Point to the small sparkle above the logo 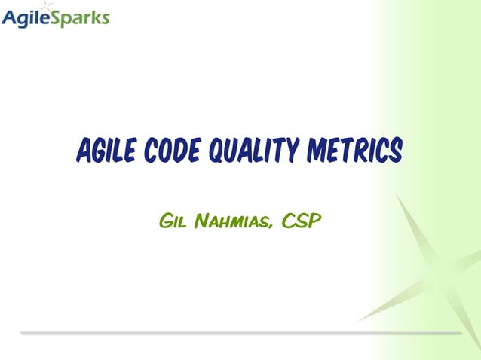(49, 6)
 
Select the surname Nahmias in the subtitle (234, 221)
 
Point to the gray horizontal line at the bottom (240, 332)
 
